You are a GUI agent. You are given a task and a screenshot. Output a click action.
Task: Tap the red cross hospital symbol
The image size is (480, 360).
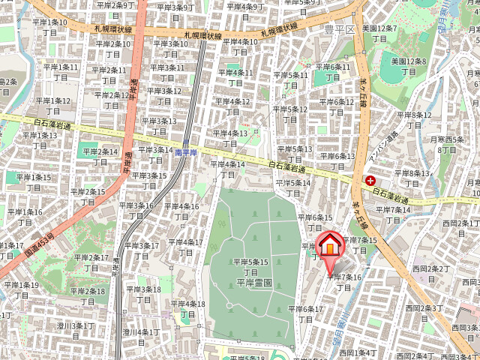(370, 181)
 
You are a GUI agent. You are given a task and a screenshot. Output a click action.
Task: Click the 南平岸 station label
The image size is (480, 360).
(185, 152)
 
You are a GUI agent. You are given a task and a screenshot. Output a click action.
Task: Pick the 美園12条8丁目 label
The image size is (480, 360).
(409, 66)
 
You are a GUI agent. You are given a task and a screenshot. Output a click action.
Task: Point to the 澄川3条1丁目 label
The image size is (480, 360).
(75, 331)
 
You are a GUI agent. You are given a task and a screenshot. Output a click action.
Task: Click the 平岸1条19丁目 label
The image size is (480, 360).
(21, 289)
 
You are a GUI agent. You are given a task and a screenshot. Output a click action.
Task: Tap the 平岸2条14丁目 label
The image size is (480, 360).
(100, 157)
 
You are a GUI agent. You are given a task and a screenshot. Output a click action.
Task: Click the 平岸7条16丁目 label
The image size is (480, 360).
(344, 282)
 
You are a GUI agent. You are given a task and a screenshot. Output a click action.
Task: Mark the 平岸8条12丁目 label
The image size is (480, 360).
(415, 119)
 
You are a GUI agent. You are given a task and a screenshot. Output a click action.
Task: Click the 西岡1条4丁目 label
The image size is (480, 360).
(357, 352)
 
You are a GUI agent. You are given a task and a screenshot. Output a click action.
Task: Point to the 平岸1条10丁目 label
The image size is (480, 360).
(49, 27)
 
